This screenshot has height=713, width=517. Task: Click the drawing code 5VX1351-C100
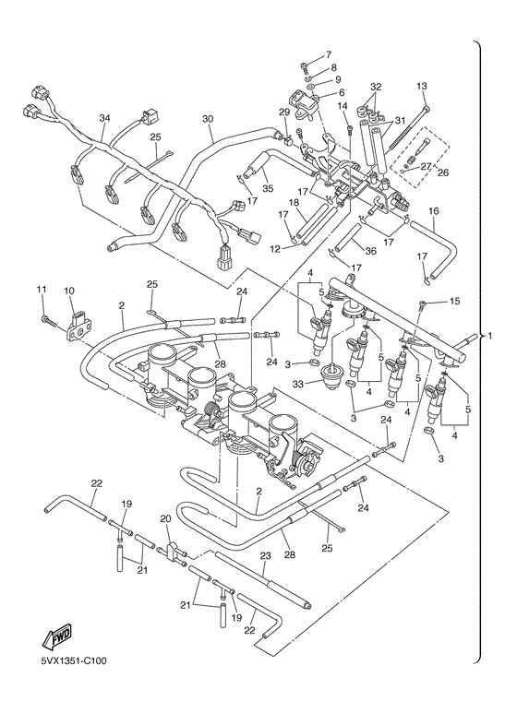74,660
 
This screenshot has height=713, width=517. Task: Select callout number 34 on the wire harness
104,118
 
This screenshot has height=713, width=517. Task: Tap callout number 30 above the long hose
208,118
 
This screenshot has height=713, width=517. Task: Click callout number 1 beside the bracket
489,336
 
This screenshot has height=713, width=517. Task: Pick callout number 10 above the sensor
72,291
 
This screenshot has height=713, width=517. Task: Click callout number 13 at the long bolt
422,86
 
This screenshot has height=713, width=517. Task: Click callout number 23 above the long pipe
265,555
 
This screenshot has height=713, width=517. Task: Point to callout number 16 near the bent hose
434,211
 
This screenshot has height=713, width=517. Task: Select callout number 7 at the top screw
328,55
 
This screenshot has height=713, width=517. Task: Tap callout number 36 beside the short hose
371,251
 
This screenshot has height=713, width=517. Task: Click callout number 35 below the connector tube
268,189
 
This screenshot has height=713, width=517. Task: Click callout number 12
286,248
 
